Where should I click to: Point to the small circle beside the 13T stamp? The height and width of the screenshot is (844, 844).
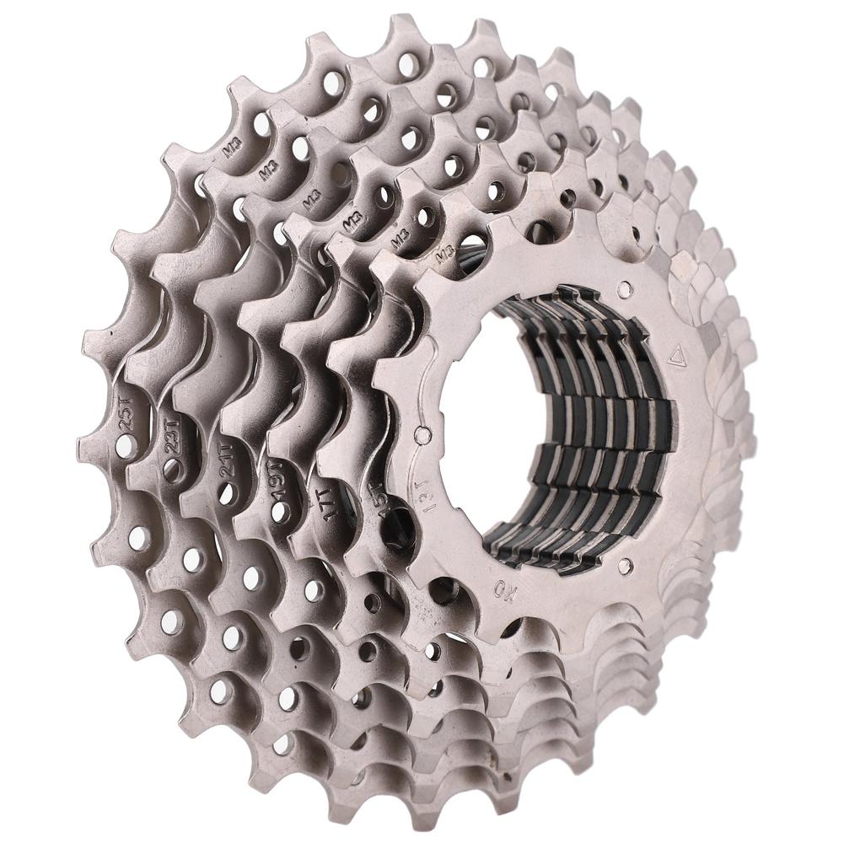click(422, 436)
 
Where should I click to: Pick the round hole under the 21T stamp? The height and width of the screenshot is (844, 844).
click(225, 493)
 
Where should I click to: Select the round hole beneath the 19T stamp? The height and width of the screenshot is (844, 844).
click(278, 511)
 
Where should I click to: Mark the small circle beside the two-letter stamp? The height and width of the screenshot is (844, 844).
click(623, 563)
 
